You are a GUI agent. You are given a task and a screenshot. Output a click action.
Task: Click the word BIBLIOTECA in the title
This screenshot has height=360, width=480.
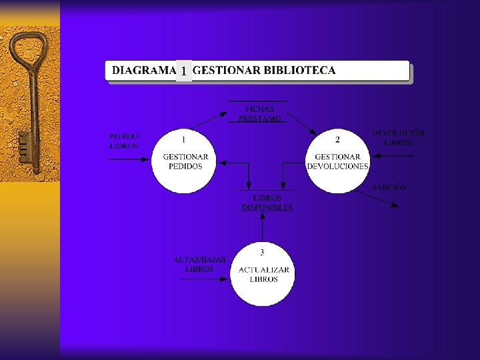pos(300,70)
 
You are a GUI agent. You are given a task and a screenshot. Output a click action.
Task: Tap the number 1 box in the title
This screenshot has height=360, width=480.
pos(183,71)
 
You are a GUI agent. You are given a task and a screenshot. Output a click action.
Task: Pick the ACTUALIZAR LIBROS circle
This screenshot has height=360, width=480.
pos(263,274)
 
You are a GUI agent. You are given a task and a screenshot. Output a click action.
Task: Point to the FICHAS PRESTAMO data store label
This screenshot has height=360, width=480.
pos(259,113)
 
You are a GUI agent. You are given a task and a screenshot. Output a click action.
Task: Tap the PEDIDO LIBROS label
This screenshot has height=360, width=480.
pos(124,141)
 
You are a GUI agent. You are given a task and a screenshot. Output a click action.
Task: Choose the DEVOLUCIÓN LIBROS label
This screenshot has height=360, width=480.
pos(398,138)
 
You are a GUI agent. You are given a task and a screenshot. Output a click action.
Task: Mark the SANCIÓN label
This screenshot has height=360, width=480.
pos(389,188)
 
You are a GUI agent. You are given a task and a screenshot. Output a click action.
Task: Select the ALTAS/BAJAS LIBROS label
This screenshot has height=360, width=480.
pos(199,264)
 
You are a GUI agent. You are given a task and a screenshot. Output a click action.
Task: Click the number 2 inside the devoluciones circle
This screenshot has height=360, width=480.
pos(337,139)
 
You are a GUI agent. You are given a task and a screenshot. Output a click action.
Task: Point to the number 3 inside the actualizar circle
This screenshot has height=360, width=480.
pos(262,252)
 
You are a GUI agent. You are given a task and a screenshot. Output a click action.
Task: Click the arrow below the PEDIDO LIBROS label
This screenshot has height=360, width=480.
pos(131,159)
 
